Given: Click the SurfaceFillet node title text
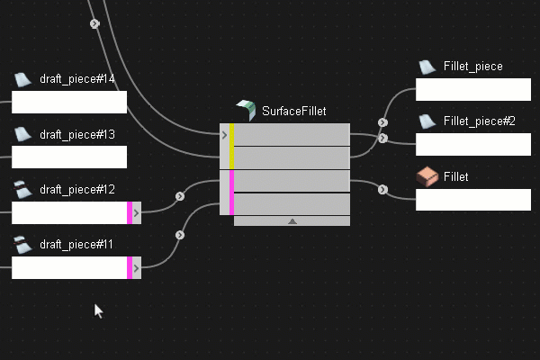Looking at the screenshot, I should (293, 112).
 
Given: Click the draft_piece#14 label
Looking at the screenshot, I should (76, 79).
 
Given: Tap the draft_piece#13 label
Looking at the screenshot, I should (76, 134).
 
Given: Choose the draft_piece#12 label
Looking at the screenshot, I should (76, 189).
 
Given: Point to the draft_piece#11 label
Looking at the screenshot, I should (76, 244).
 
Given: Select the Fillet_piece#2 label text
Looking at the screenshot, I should (479, 121).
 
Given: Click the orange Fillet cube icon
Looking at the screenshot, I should (427, 177).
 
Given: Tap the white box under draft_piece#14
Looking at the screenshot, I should (69, 102).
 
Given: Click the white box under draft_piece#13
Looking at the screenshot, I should (69, 157).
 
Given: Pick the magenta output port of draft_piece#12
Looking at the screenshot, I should (130, 212).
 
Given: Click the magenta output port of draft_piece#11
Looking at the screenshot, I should (130, 267).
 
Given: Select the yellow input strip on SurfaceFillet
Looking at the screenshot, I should (231, 147).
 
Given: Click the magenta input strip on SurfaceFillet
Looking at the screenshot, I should (231, 193).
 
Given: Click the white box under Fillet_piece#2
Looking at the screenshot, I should (473, 144).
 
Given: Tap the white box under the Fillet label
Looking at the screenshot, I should (473, 200).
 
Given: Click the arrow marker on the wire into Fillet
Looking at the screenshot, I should (383, 190).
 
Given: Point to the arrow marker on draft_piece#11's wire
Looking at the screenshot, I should (180, 235).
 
